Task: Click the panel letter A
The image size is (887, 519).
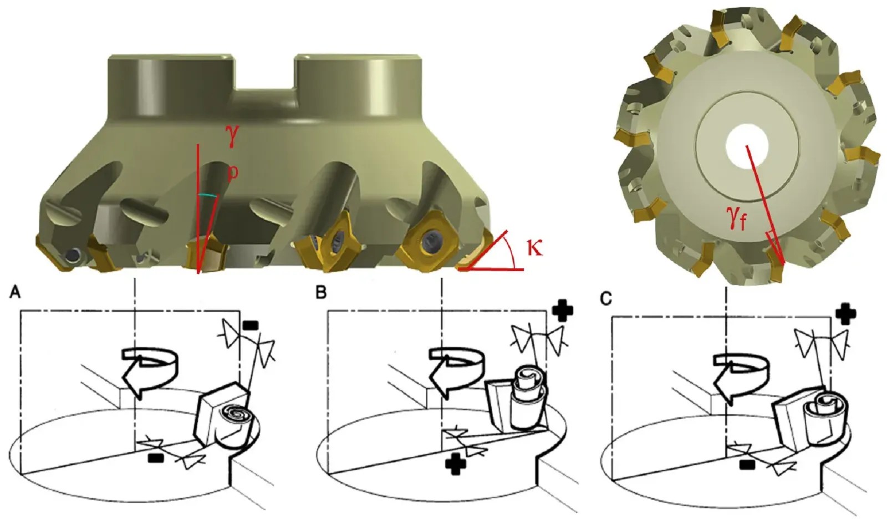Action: (16, 293)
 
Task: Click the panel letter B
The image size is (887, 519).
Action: (321, 293)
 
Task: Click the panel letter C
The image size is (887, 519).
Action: (606, 298)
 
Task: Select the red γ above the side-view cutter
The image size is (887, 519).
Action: (232, 135)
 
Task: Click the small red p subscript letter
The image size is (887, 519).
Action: (234, 172)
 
